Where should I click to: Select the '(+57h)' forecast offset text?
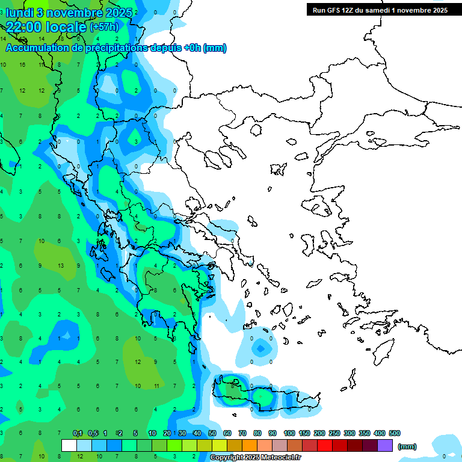click(x=104, y=27)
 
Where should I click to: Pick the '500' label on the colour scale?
click(x=395, y=433)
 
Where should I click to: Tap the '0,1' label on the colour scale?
click(x=78, y=433)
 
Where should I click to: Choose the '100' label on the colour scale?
click(x=289, y=433)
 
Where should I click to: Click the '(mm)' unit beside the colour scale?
click(x=407, y=446)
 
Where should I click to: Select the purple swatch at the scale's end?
click(x=385, y=446)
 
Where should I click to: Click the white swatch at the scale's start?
click(x=69, y=446)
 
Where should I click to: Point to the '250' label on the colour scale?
click(x=334, y=433)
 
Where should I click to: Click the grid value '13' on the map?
click(x=61, y=266)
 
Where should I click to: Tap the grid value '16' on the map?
click(x=22, y=64)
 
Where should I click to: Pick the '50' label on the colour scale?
click(x=212, y=433)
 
